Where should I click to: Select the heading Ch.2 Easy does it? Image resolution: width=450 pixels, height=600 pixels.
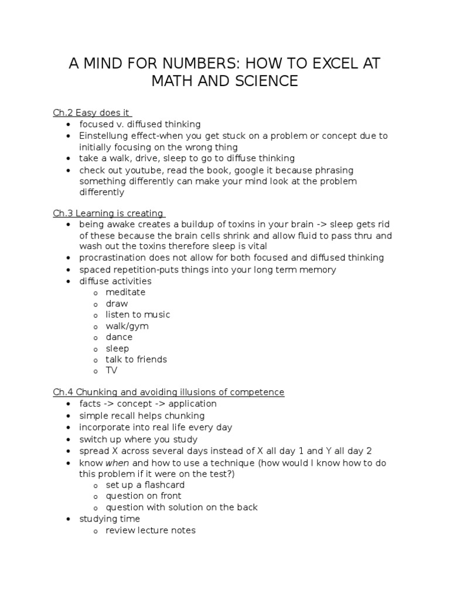(x=92, y=112)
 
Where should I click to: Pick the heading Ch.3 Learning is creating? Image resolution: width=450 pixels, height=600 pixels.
(x=108, y=213)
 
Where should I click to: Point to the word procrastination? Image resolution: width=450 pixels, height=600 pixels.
(x=114, y=258)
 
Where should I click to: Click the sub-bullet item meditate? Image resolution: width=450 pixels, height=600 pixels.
(x=125, y=292)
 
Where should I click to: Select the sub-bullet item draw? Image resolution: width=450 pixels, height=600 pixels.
(x=117, y=304)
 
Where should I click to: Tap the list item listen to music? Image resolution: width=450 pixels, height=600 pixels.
(x=138, y=315)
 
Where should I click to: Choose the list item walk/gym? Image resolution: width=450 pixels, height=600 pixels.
(x=127, y=326)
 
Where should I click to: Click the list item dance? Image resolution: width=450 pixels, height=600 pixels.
(x=119, y=337)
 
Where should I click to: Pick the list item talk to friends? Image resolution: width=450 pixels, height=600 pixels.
(x=136, y=359)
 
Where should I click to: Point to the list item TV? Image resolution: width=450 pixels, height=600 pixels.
(x=111, y=370)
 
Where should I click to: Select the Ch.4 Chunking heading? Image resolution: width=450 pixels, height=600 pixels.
(x=168, y=392)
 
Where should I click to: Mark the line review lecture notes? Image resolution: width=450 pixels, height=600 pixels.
(x=151, y=530)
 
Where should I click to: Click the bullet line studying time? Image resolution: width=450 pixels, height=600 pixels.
(x=110, y=519)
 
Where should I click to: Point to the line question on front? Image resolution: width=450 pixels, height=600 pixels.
(x=143, y=496)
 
